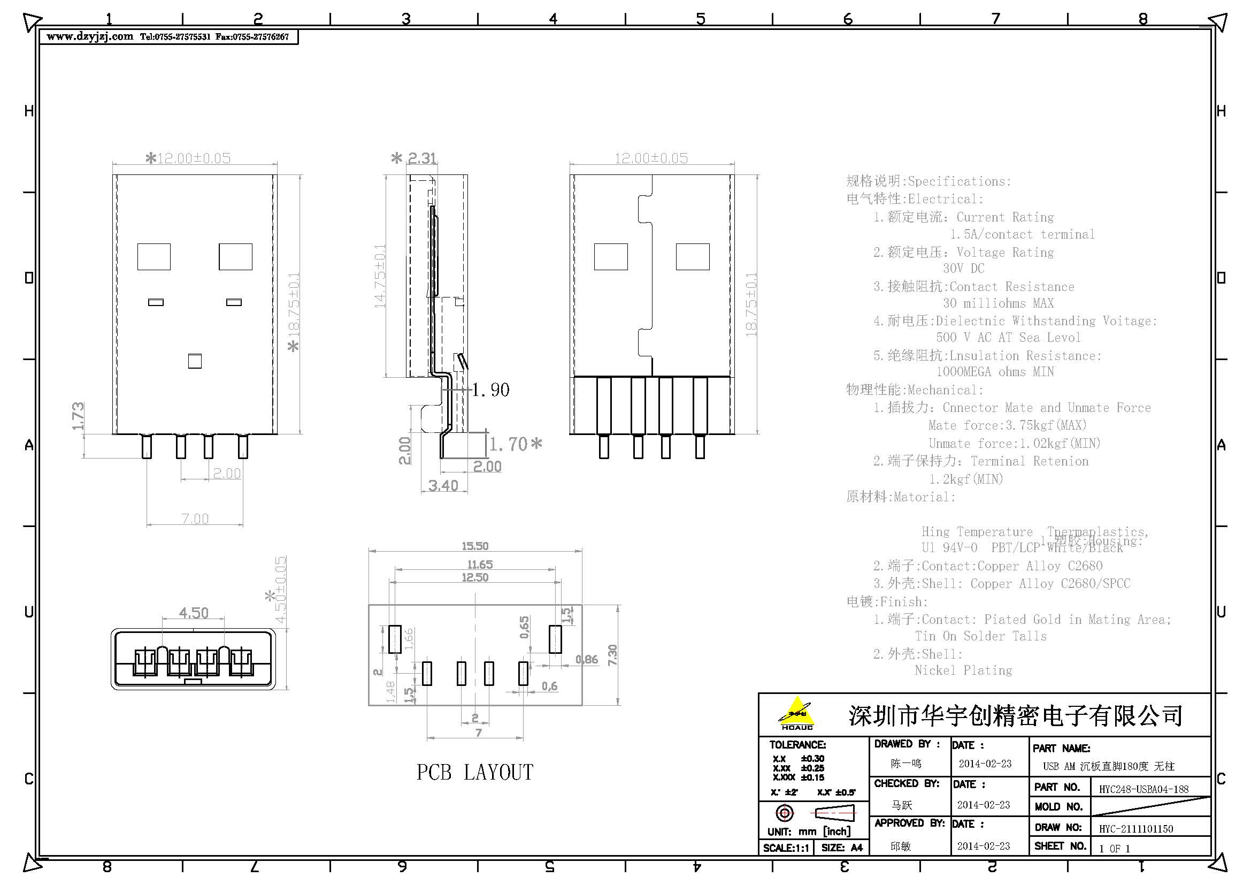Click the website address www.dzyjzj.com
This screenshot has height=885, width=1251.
tap(89, 36)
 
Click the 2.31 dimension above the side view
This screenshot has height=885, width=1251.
tap(423, 158)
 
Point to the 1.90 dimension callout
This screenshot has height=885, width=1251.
tap(490, 390)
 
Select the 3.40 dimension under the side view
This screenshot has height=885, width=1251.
tap(443, 485)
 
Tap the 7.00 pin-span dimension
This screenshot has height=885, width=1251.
tap(195, 518)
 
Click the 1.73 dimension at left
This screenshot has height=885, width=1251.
tap(78, 416)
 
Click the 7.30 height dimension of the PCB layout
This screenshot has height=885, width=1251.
tap(612, 654)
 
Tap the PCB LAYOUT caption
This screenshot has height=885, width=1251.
tap(474, 772)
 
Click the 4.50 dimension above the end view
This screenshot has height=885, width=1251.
tap(194, 613)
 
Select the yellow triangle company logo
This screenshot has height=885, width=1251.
tap(796, 712)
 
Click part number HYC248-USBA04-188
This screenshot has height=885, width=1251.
tap(1143, 789)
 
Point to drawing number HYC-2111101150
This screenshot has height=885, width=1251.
tap(1135, 829)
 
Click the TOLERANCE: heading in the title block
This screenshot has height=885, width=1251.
tap(797, 744)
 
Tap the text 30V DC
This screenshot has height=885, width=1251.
tap(963, 268)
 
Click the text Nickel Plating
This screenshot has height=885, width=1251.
tap(963, 670)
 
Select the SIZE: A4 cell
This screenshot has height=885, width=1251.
tap(842, 848)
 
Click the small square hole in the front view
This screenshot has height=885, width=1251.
tap(195, 361)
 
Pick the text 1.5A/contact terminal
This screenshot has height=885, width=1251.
tap(1022, 234)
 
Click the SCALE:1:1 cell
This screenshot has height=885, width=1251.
tap(785, 848)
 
